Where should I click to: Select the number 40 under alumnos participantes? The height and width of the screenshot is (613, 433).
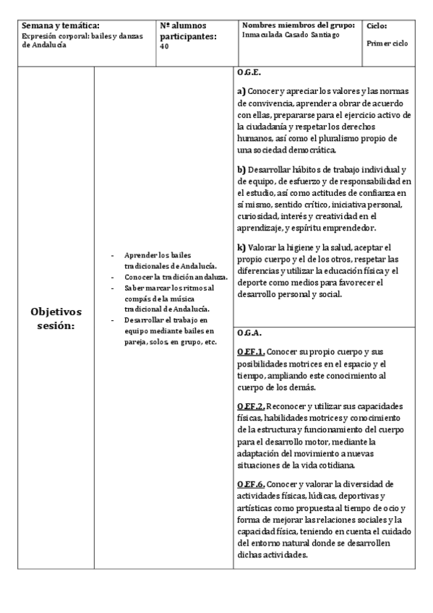164,46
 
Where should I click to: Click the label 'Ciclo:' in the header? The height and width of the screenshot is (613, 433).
377,25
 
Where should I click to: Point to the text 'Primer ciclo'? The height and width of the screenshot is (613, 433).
387,43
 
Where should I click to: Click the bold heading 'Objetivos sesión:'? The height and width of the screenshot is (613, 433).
56,319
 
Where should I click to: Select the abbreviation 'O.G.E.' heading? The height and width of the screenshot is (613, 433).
249,74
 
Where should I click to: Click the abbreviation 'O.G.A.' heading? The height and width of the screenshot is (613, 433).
249,333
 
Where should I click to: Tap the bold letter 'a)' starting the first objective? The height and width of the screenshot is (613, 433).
241,92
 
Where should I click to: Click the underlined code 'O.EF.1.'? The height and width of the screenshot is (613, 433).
250,351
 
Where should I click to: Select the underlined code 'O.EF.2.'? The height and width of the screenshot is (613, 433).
250,406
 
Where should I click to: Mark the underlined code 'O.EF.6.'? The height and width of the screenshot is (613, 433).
250,484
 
